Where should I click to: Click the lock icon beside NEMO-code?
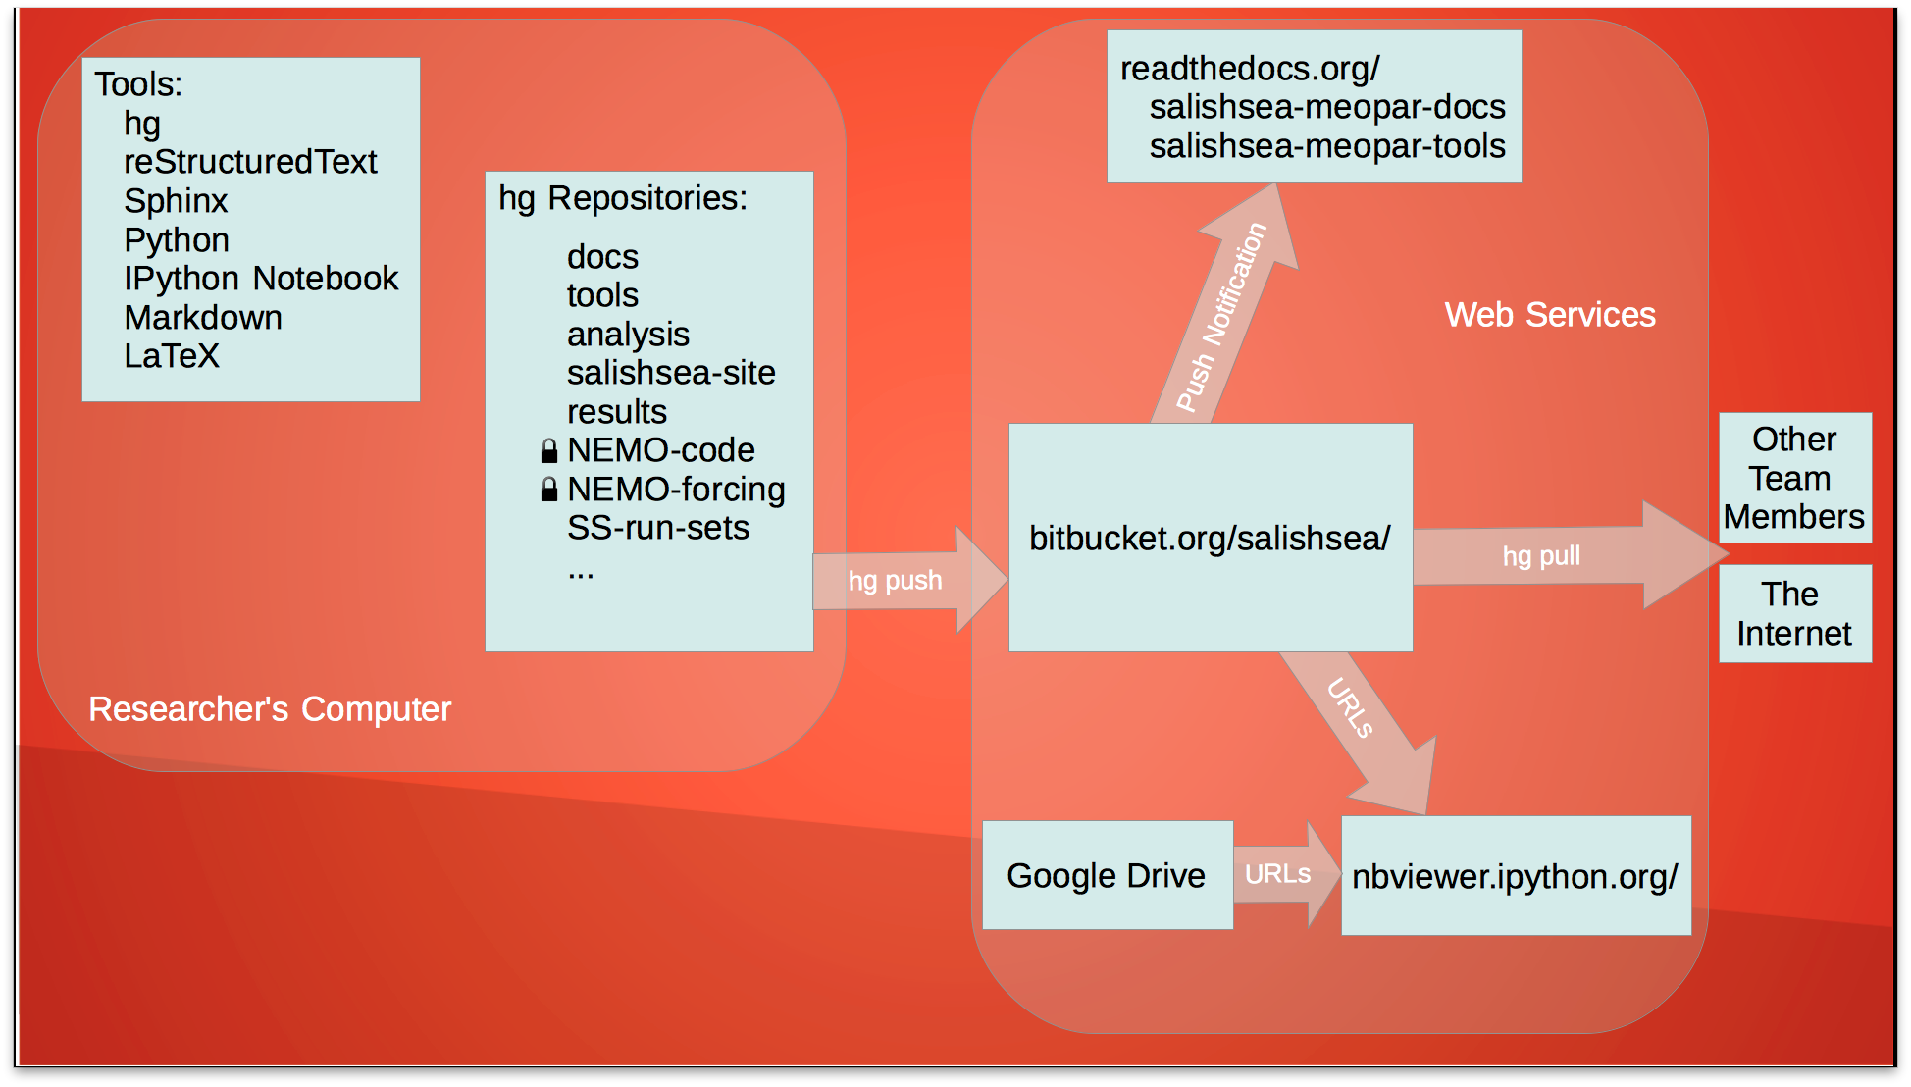click(x=549, y=451)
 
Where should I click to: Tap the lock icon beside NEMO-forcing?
click(x=549, y=490)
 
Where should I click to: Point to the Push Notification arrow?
click(x=1223, y=316)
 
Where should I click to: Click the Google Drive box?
click(x=1107, y=875)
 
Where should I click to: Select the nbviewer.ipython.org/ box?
click(x=1515, y=876)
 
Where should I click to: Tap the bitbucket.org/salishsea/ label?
click(x=1210, y=538)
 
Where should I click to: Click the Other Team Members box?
click(x=1794, y=478)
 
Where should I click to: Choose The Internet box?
click(x=1794, y=614)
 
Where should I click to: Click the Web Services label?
click(x=1550, y=315)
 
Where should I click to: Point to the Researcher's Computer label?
click(x=270, y=709)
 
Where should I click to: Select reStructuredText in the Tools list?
click(x=250, y=162)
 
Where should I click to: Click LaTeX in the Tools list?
click(x=172, y=356)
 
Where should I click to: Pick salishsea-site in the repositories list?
click(x=671, y=373)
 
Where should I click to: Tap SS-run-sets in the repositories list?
click(x=658, y=528)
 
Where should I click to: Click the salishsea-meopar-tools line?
click(x=1327, y=146)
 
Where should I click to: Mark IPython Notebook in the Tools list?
click(x=261, y=279)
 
